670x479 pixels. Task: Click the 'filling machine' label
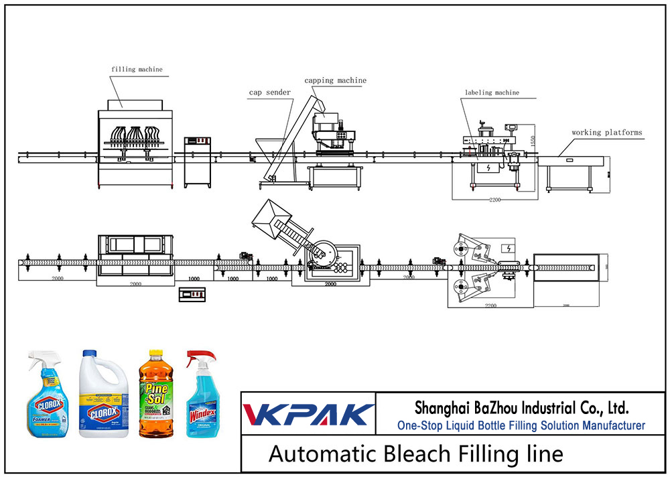[x=137, y=69]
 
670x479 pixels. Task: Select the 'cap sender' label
[x=270, y=92]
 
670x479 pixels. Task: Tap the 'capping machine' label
[x=335, y=80]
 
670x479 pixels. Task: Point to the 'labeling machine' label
[x=492, y=92]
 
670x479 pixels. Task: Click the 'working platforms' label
[x=606, y=133]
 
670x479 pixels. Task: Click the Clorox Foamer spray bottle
[x=46, y=395]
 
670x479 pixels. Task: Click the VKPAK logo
[x=308, y=414]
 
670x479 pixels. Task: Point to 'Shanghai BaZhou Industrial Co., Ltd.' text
[x=521, y=407]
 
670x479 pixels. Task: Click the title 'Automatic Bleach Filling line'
[x=415, y=454]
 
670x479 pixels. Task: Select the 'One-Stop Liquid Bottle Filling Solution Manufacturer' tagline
[x=521, y=425]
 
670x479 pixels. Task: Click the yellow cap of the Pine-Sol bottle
[x=156, y=354]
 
